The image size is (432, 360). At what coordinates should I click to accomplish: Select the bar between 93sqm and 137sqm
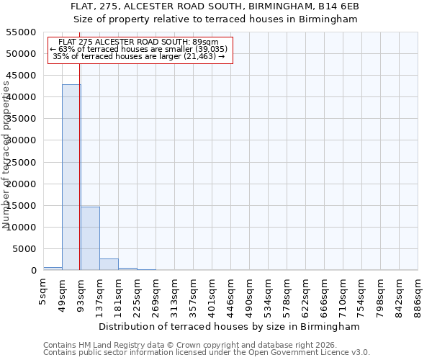coord(90,238)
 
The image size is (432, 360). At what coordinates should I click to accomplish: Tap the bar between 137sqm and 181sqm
coord(109,264)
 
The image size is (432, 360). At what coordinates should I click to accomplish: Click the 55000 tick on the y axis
coord(22,32)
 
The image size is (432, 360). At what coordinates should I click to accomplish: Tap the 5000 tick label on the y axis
coord(24,249)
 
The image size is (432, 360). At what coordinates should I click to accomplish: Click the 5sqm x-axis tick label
coord(44,292)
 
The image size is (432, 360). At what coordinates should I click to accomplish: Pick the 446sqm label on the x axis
coord(231,295)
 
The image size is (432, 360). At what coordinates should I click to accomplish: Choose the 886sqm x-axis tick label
coord(418,295)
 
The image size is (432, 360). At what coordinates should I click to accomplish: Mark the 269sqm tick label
coord(156,295)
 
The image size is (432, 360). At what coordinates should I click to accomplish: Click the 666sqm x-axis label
coord(325,295)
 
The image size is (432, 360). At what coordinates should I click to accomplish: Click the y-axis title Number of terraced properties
coord(6,155)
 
